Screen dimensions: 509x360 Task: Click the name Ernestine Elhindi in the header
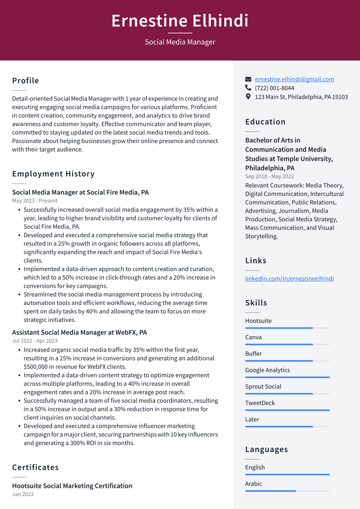pyautogui.click(x=180, y=21)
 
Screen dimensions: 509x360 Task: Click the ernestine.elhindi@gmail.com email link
pyautogui.click(x=294, y=79)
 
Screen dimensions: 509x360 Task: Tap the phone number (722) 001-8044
pyautogui.click(x=274, y=88)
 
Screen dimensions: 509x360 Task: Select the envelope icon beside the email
pyautogui.click(x=248, y=80)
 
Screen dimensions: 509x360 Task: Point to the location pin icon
pyautogui.click(x=248, y=97)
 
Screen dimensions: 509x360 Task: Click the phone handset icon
pyautogui.click(x=248, y=88)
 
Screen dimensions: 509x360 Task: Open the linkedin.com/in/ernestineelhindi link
pyautogui.click(x=289, y=279)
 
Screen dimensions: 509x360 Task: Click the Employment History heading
pyautogui.click(x=53, y=174)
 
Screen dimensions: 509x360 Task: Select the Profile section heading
pyautogui.click(x=25, y=80)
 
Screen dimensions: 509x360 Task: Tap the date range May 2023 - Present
pyautogui.click(x=35, y=200)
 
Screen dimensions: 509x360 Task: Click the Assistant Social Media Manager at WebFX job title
pyautogui.click(x=80, y=332)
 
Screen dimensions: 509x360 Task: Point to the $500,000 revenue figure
pyautogui.click(x=38, y=367)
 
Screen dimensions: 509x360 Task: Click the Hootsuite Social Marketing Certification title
pyautogui.click(x=72, y=486)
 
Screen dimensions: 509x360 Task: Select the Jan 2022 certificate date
pyautogui.click(x=23, y=494)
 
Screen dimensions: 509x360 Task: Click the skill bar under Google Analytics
pyautogui.click(x=287, y=377)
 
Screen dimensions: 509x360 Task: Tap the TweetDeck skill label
pyautogui.click(x=260, y=403)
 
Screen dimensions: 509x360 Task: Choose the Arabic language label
pyautogui.click(x=254, y=484)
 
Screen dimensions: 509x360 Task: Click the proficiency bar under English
pyautogui.click(x=287, y=474)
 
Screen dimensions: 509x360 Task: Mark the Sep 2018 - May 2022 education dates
pyautogui.click(x=269, y=176)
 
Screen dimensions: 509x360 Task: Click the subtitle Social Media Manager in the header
pyautogui.click(x=180, y=42)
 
